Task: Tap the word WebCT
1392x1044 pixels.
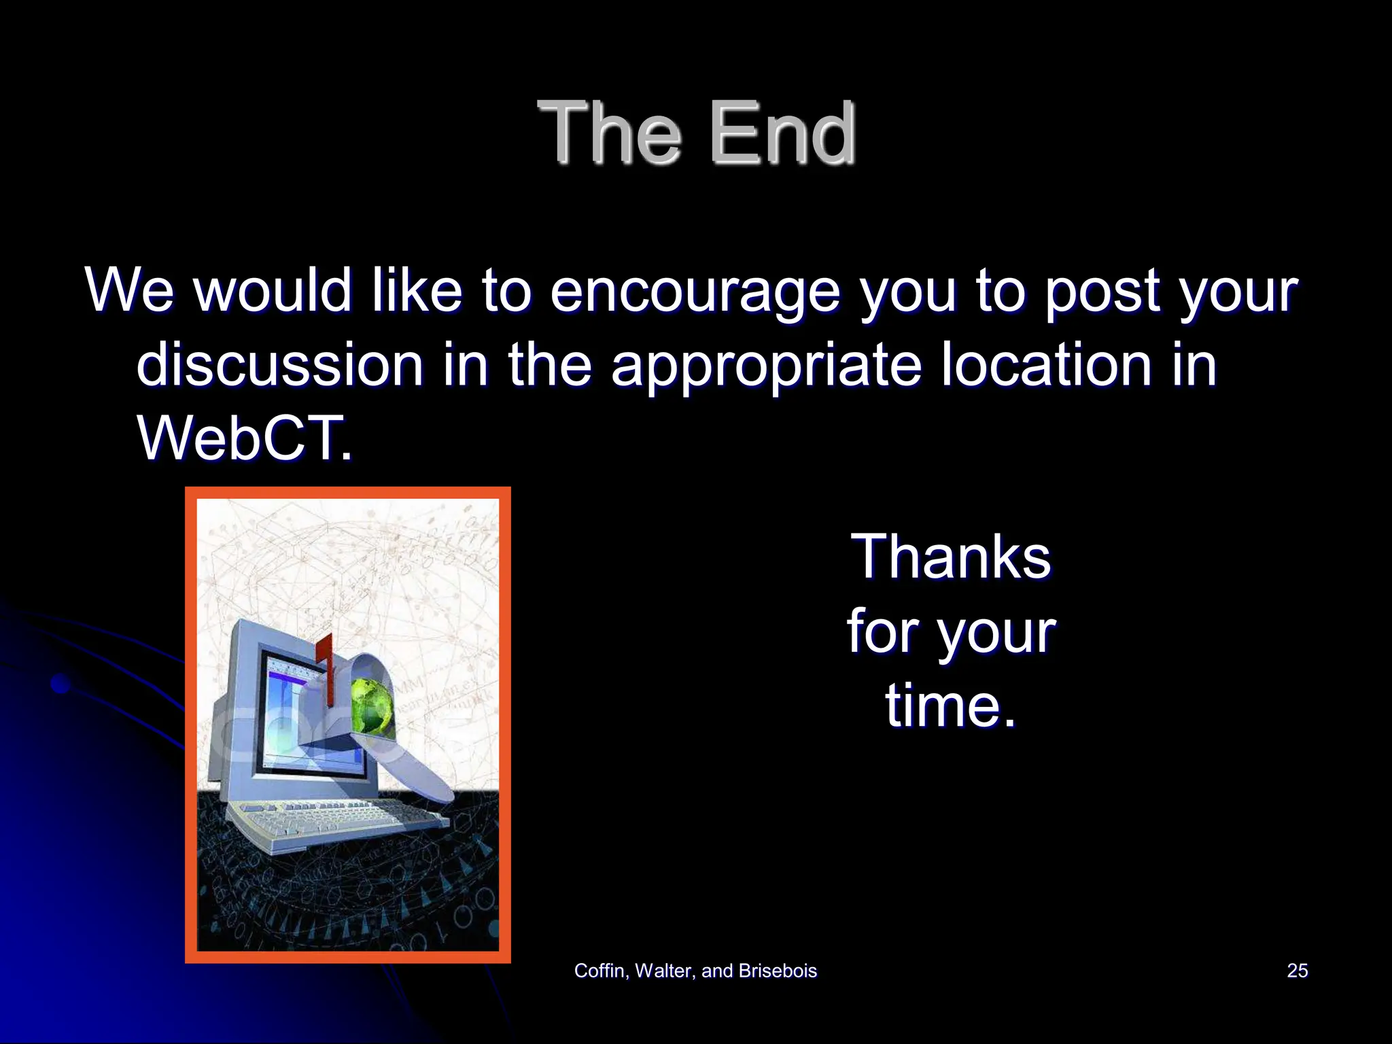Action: [x=245, y=438]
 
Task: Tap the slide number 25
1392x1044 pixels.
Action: [x=1297, y=971]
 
